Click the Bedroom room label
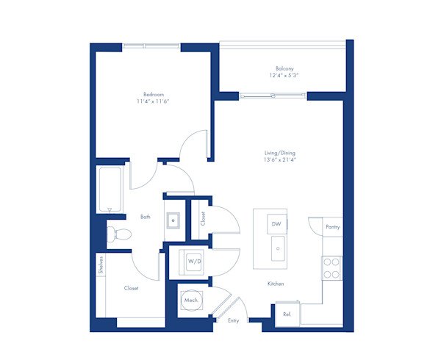[x=153, y=93]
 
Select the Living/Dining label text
[x=280, y=153]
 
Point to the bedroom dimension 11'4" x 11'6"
[x=153, y=101]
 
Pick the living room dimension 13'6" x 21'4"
[x=280, y=160]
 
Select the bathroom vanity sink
[x=174, y=220]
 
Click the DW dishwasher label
[x=276, y=223]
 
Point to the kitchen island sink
[x=279, y=248]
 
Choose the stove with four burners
[x=331, y=267]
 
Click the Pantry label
[x=333, y=228]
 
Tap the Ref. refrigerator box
[x=287, y=314]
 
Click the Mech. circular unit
[x=192, y=300]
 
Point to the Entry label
[x=234, y=320]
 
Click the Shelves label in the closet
[x=101, y=264]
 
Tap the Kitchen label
[x=276, y=284]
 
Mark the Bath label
[x=146, y=217]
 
